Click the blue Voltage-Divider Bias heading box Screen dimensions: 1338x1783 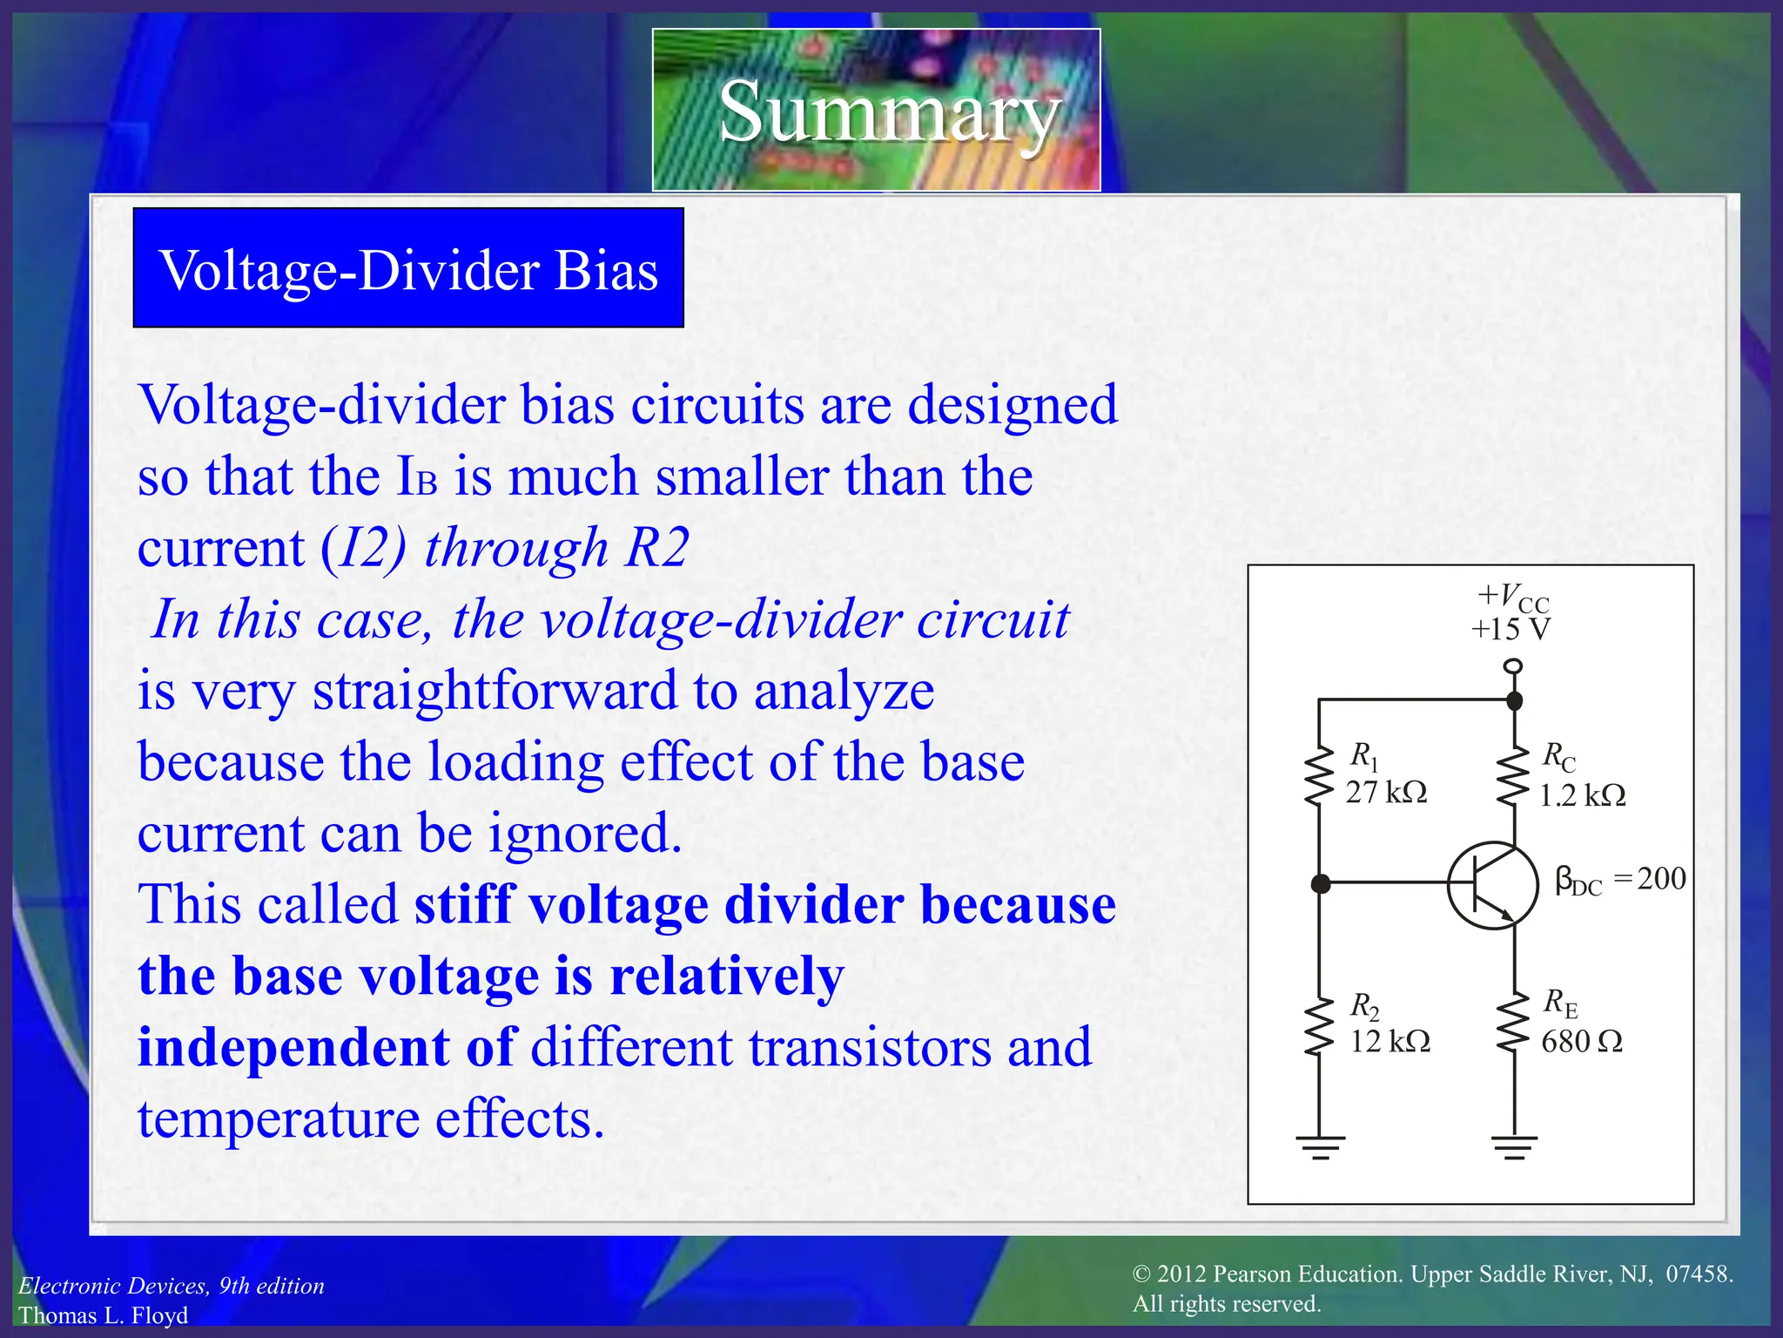[x=408, y=268]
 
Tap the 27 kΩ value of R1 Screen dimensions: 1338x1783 [x=1386, y=792]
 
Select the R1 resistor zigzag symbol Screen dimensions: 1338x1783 [x=1319, y=775]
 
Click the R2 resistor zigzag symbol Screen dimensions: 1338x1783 [x=1319, y=1026]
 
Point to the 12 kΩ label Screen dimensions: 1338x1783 [x=1389, y=1042]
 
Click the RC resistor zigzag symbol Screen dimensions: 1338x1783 [x=1514, y=775]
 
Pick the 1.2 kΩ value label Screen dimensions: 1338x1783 [x=1582, y=795]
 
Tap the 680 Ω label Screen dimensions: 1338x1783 [x=1582, y=1042]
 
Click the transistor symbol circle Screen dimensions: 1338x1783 [x=1492, y=885]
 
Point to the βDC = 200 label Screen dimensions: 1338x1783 [x=1620, y=880]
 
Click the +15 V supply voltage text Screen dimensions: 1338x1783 [x=1511, y=629]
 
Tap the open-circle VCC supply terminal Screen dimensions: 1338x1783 [x=1514, y=666]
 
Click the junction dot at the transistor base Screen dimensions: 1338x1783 [x=1320, y=884]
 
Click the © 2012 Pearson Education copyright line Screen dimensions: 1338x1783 [x=1432, y=1274]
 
